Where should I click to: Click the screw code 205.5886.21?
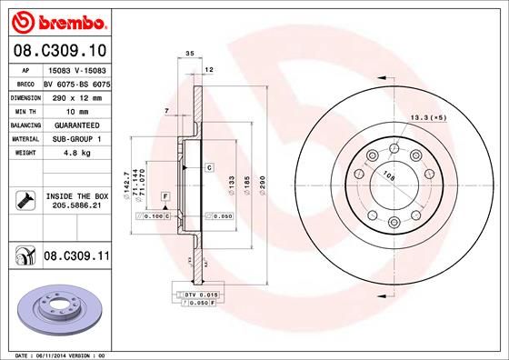[77, 205]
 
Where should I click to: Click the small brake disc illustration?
[56, 307]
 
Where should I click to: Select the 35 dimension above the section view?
[189, 55]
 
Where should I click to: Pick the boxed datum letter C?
[208, 167]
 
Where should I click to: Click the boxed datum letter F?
[165, 196]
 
